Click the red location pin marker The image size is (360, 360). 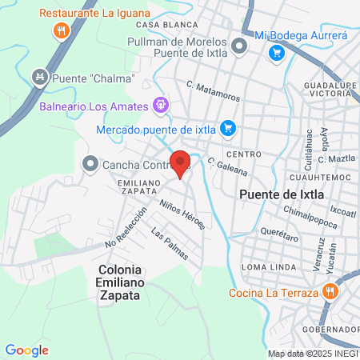click(181, 162)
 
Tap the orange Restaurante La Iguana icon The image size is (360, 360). click(61, 31)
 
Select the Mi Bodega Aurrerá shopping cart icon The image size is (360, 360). click(276, 52)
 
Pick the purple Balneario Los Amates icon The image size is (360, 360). click(161, 106)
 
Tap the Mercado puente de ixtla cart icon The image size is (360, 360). click(228, 127)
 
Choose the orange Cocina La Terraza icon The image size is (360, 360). click(328, 292)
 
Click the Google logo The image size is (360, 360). click(26, 350)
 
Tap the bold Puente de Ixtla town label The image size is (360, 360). click(277, 194)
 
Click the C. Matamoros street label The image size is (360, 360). click(213, 90)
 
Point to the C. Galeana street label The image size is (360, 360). click(227, 166)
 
